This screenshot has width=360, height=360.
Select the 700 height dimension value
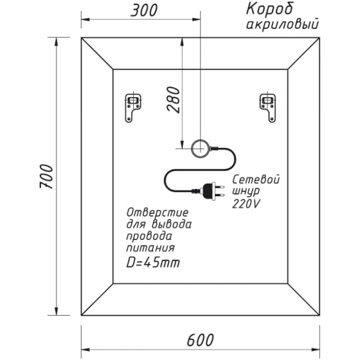(x=46, y=176)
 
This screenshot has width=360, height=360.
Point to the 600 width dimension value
(x=200, y=340)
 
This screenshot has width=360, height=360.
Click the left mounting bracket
(x=132, y=107)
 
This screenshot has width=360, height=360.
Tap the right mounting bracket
(x=267, y=107)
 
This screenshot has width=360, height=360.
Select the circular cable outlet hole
(x=199, y=146)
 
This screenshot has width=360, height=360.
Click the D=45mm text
(x=154, y=263)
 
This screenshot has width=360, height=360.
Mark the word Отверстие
(x=158, y=213)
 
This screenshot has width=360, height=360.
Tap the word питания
(x=151, y=247)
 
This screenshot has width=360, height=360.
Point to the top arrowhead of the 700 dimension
(x=57, y=41)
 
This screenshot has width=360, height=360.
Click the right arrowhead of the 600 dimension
(x=316, y=349)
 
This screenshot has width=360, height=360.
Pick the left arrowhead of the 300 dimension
(x=85, y=19)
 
